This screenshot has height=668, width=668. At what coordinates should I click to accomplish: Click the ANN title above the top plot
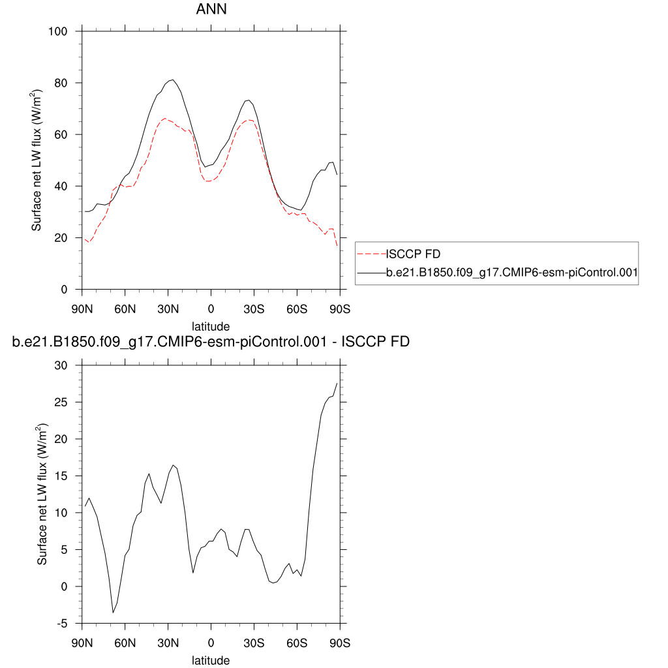coord(211,10)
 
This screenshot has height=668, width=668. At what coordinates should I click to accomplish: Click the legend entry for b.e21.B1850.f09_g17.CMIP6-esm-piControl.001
coord(511,274)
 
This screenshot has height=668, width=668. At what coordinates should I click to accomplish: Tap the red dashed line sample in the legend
coord(371,253)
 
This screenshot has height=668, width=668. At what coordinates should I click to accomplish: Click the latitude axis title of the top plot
coord(211,326)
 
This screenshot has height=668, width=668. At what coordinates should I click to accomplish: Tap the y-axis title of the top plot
coord(38,160)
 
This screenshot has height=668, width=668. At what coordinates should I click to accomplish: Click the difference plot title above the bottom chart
coord(211,341)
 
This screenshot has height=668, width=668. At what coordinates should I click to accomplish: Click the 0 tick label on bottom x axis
coord(211,643)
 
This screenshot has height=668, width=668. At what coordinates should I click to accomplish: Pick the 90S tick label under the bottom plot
coord(340,643)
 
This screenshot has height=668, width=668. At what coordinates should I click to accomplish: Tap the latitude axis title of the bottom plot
coord(211,660)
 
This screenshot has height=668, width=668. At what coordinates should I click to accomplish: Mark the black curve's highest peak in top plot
coord(172,80)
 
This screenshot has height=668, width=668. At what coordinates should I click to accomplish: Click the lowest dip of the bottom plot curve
coord(113,613)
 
